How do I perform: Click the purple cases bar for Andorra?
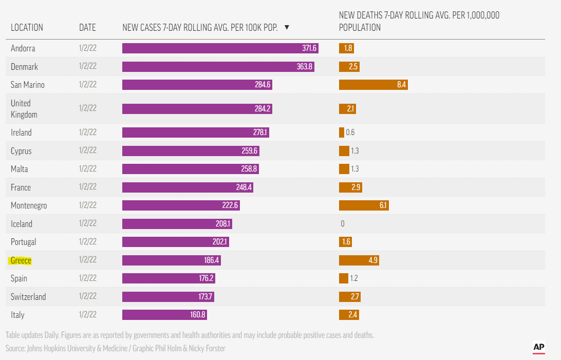click(220, 48)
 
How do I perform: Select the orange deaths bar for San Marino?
click(373, 85)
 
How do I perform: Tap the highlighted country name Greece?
click(21, 260)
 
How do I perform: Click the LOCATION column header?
click(27, 27)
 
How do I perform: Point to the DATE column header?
click(87, 27)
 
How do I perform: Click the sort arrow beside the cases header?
click(287, 27)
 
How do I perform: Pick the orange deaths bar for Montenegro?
click(364, 205)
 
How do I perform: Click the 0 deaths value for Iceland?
click(343, 224)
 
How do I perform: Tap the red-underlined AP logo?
click(539, 348)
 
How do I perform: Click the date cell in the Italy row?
click(88, 315)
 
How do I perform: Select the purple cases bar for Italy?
click(164, 315)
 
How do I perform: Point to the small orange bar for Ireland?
click(342, 132)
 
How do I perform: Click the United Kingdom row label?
click(24, 109)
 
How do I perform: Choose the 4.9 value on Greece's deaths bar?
click(373, 260)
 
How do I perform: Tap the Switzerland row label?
click(28, 297)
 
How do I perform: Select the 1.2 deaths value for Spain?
click(354, 278)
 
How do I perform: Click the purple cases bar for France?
click(188, 187)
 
